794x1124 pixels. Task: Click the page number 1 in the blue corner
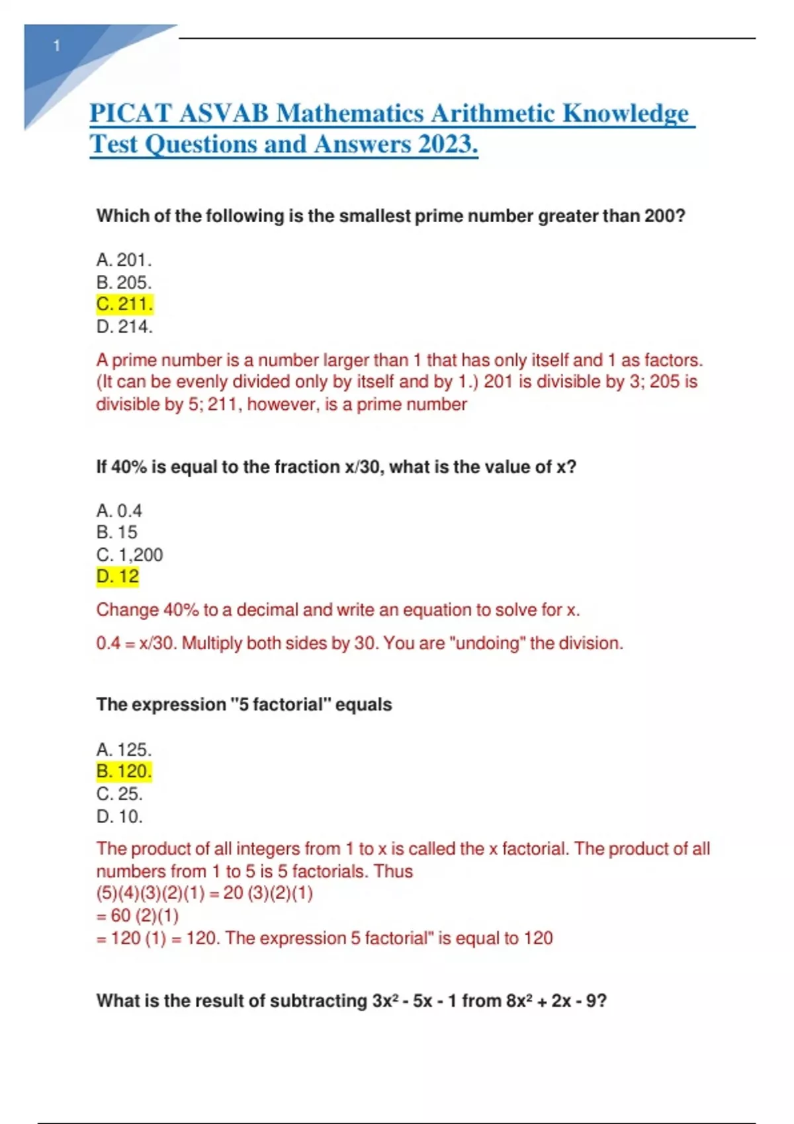click(57, 46)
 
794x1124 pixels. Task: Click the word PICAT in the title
click(130, 114)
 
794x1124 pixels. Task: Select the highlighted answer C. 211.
click(124, 304)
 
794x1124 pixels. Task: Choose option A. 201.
click(124, 260)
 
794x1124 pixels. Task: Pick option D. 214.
click(124, 327)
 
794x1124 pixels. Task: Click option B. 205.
click(124, 282)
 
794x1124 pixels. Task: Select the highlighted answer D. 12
click(118, 577)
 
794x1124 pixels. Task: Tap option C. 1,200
click(130, 555)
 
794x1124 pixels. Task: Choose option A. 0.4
click(119, 510)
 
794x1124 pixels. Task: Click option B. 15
click(117, 532)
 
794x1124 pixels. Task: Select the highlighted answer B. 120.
click(124, 772)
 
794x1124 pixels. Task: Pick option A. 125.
click(124, 750)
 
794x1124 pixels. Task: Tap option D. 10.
click(120, 817)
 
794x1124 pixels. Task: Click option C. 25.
click(120, 794)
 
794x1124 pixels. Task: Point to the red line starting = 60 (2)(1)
click(138, 916)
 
